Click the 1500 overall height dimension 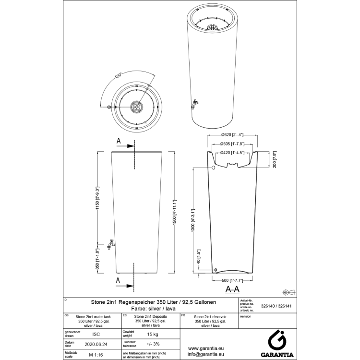tap(175, 214)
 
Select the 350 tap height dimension tap(97, 259)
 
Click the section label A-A tap(232, 289)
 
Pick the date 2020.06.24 tap(96, 344)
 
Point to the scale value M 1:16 tap(96, 355)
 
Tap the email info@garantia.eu tap(207, 355)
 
